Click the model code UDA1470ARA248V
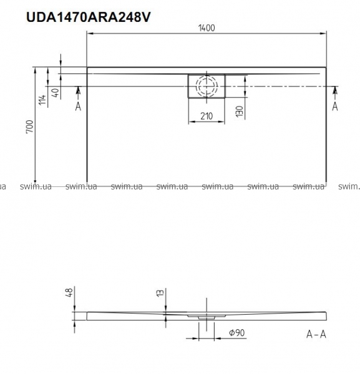coord(89,17)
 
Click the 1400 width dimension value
coord(207,28)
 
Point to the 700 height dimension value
coord(30,127)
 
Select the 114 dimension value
coord(42,100)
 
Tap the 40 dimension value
coord(56,92)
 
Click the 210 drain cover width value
coord(207,116)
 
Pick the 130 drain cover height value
coord(240,112)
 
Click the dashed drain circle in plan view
coord(207,86)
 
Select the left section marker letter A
coord(78,107)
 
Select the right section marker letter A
coord(335,107)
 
